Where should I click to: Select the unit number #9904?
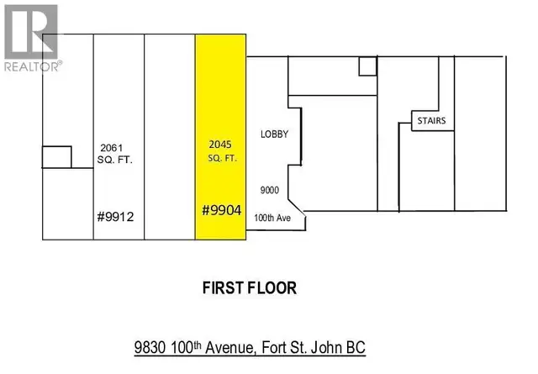[222, 211]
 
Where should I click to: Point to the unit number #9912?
[117, 216]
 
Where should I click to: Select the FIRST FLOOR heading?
[250, 288]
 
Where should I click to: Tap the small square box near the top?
[367, 66]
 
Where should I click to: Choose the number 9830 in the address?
[151, 346]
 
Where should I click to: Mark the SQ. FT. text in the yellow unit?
[220, 157]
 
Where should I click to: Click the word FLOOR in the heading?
[272, 288]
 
